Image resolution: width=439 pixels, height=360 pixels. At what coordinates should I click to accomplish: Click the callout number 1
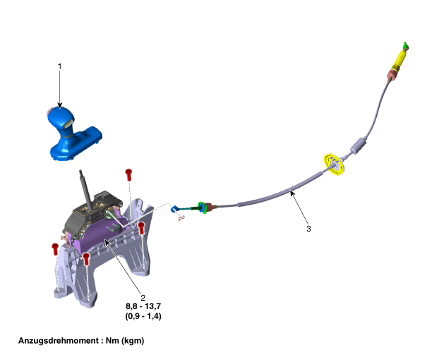click(59, 66)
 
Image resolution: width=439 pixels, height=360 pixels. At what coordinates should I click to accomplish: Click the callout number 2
click(143, 298)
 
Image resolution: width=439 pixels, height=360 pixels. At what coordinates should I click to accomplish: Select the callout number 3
click(308, 229)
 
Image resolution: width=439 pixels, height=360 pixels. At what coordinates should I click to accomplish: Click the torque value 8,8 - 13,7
click(143, 306)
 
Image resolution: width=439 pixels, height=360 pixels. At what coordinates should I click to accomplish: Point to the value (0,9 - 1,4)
click(143, 316)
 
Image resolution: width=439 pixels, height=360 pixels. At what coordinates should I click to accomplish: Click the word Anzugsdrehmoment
click(59, 341)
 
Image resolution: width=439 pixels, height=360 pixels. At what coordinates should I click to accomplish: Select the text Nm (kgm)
click(125, 341)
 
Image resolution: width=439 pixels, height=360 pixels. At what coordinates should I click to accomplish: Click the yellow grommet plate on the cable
click(334, 164)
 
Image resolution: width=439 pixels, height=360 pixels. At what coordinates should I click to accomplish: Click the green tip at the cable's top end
click(406, 46)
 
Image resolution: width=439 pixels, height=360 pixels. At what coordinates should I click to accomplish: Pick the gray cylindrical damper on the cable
click(359, 145)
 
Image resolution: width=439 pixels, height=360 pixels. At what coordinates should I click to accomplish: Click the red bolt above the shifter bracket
click(128, 174)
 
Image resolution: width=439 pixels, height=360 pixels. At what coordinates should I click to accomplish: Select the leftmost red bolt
click(55, 249)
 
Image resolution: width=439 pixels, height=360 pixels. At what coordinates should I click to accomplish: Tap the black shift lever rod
click(85, 190)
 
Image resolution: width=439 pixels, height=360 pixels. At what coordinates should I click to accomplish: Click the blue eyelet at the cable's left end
click(174, 209)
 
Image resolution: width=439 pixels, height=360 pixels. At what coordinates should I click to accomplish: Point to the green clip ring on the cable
click(202, 208)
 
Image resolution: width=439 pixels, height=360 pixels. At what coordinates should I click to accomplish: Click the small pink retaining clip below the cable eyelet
click(181, 218)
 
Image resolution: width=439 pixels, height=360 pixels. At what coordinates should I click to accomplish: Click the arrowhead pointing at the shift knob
click(59, 105)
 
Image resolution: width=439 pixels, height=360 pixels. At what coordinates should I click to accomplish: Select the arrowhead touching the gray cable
click(292, 193)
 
